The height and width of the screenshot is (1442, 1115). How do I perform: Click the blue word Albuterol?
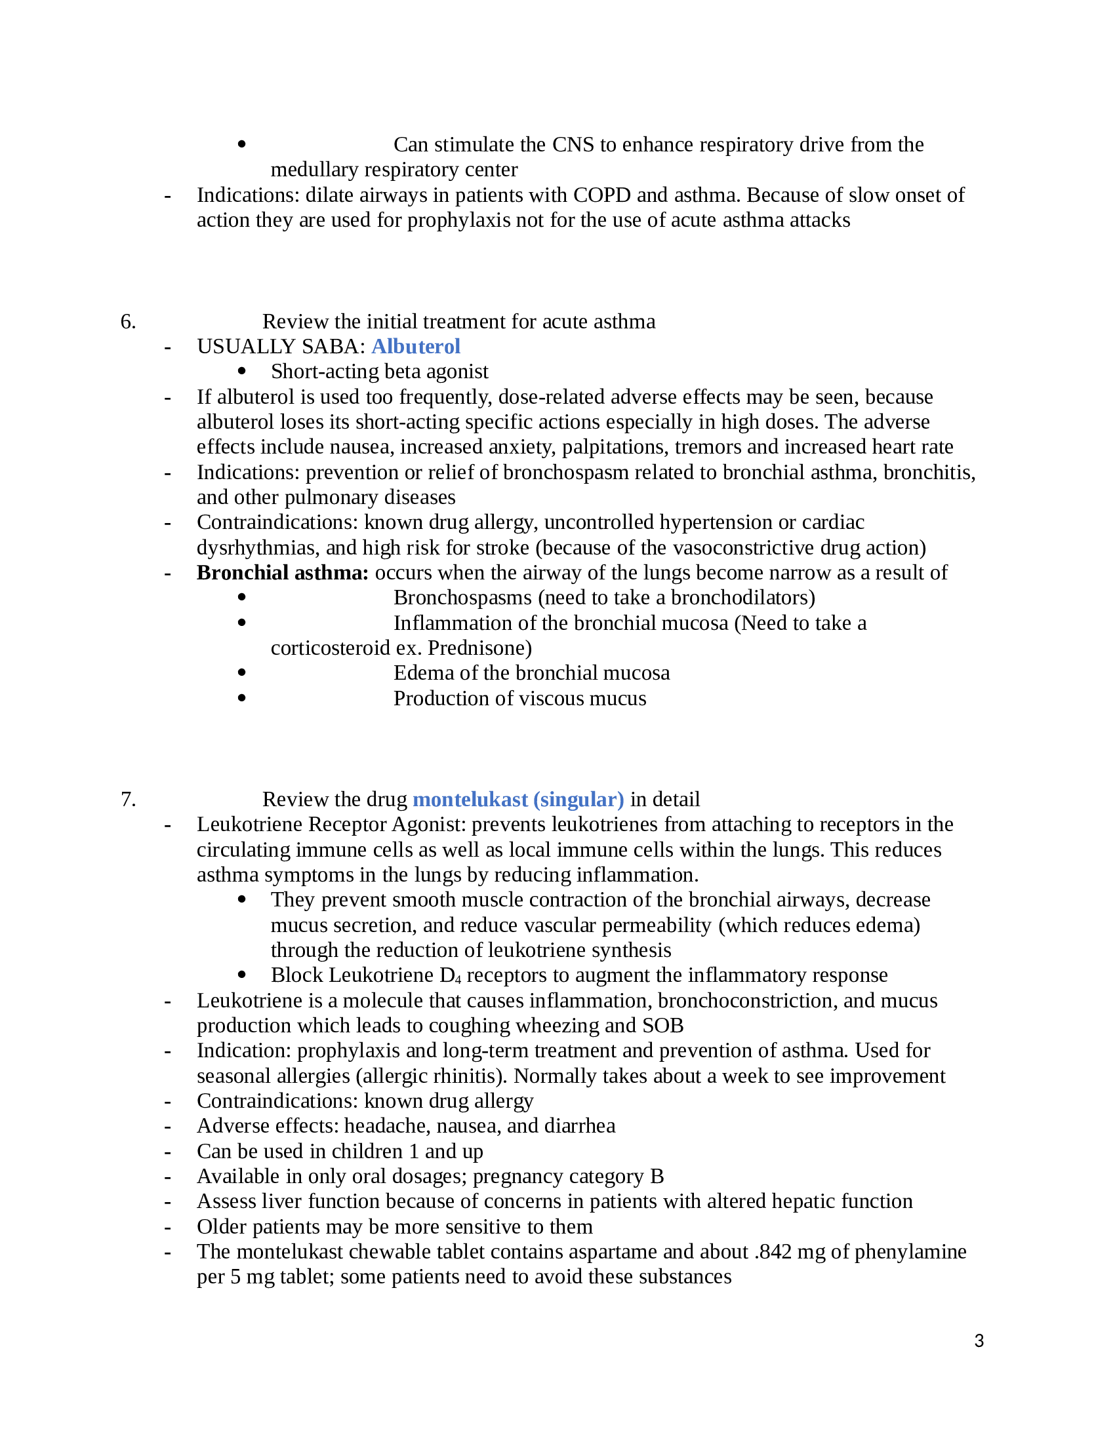coord(415,347)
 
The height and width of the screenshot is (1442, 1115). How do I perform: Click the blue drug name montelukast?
coord(470,800)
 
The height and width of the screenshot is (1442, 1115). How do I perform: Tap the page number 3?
coord(979,1341)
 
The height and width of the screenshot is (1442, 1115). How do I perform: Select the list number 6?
coord(127,322)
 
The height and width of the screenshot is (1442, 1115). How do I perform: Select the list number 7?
coord(127,800)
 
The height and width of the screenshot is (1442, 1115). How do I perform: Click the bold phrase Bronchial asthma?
coord(282,572)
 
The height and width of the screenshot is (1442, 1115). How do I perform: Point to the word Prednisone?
coord(479,648)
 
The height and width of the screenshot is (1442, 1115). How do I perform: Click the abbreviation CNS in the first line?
coord(573,145)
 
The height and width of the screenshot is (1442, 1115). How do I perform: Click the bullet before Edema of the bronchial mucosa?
coord(242,672)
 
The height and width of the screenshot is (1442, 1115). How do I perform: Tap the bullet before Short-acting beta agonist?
coord(242,372)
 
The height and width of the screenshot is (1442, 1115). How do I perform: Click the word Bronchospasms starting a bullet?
coord(462,598)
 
